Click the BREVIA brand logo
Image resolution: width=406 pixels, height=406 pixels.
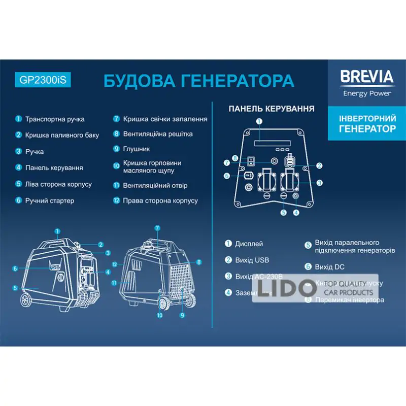coord(367,77)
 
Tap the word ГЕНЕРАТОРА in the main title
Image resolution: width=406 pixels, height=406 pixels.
coord(238,81)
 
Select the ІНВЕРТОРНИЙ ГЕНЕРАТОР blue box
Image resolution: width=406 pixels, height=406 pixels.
coord(367,123)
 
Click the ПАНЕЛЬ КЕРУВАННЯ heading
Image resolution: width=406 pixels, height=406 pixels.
coord(271,109)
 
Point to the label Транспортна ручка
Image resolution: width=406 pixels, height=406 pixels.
coord(55,119)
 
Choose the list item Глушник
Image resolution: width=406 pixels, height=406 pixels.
coord(137,149)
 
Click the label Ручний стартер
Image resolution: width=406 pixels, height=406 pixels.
coord(50,200)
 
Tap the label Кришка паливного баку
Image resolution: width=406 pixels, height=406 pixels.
coord(62,136)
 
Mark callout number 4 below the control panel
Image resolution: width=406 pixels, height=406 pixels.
coord(296,213)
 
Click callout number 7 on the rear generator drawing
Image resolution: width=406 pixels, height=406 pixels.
coord(157,228)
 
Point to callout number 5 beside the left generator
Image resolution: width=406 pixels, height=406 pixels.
coord(16,288)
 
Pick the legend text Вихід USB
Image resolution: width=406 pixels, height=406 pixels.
coord(252,260)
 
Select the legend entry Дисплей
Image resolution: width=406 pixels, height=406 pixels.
coord(249,244)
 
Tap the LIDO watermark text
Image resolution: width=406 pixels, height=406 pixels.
coord(284,288)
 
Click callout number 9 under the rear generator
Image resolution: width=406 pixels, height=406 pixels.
coord(182,315)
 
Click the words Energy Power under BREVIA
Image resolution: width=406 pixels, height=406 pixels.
coord(367,93)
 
